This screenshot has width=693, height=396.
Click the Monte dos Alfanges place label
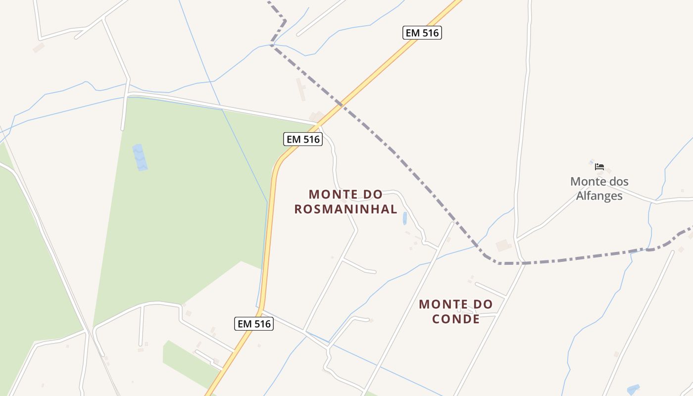[x=599, y=189]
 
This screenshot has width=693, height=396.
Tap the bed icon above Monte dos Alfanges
[x=599, y=167]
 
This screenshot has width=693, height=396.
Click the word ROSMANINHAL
[x=346, y=209]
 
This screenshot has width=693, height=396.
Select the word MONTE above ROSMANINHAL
[x=332, y=194]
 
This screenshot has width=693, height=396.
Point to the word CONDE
[x=456, y=318]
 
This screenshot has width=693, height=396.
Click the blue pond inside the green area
[x=140, y=157]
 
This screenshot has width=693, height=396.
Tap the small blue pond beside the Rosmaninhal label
[x=404, y=218]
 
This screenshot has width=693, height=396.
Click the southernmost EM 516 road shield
[x=253, y=324]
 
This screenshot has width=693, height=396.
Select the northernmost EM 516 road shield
[x=422, y=33]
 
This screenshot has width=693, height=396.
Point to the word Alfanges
[x=599, y=196]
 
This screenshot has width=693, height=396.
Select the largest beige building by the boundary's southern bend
[x=503, y=245]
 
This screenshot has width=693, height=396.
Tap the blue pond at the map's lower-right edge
[x=633, y=389]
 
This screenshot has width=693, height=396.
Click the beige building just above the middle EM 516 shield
[x=317, y=116]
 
